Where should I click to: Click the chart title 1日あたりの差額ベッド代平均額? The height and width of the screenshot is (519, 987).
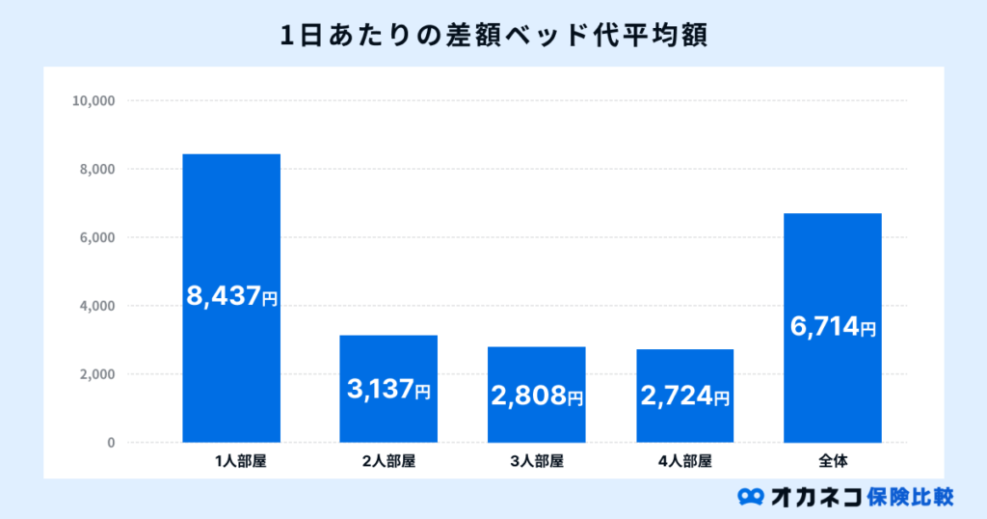[493, 35]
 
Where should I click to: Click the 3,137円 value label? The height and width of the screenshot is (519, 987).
[388, 391]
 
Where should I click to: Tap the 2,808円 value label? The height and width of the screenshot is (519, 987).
[537, 396]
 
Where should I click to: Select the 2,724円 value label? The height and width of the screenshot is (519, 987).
[684, 396]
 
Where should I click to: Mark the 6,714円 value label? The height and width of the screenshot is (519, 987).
[833, 328]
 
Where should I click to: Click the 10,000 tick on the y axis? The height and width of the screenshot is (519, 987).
[93, 100]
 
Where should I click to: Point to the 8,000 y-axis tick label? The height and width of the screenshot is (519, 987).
[97, 169]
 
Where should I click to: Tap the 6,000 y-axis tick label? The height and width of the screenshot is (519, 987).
[97, 237]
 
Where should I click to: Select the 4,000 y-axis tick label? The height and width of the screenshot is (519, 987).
[97, 306]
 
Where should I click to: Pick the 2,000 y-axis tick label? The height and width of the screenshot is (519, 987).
[97, 374]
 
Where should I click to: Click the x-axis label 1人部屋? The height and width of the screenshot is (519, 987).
[240, 461]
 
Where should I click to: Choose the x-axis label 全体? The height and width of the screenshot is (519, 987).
[833, 461]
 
